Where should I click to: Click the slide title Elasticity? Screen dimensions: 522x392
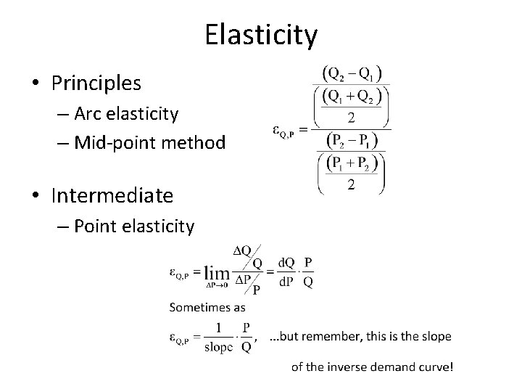click(261, 34)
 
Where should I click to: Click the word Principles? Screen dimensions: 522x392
click(96, 83)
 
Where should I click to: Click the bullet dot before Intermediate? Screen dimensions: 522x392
click(36, 196)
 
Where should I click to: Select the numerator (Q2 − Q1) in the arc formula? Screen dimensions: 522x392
click(353, 75)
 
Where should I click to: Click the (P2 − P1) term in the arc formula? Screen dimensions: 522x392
click(353, 140)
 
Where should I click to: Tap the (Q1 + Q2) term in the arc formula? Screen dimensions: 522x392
click(353, 95)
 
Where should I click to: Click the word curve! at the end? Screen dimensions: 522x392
click(437, 367)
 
